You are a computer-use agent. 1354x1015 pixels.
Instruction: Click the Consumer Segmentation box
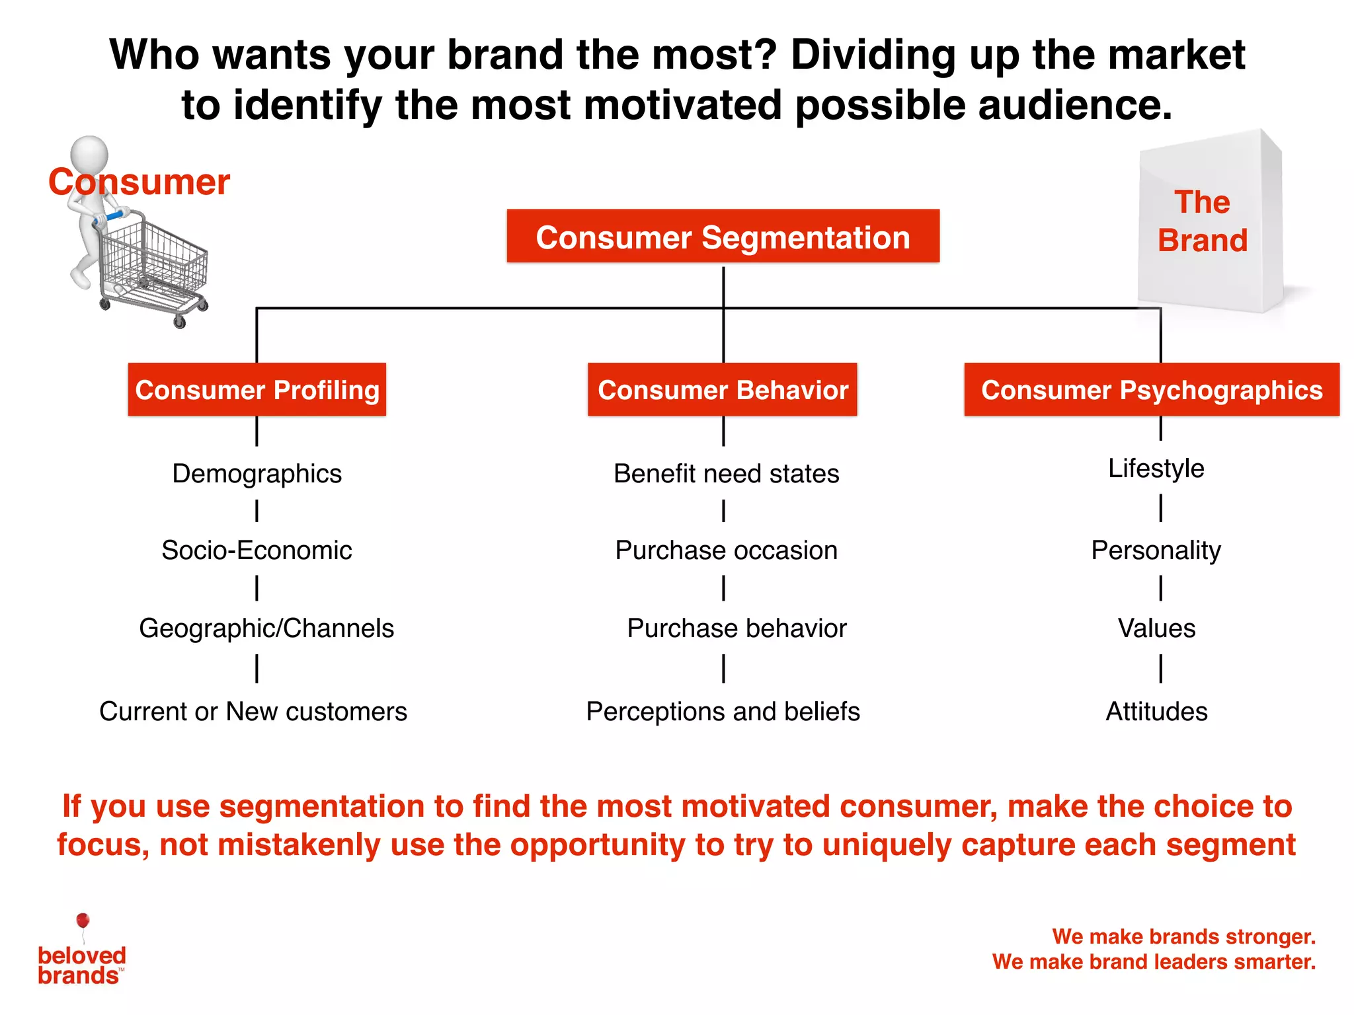[x=723, y=237]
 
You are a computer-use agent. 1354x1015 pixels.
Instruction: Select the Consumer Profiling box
[x=257, y=390]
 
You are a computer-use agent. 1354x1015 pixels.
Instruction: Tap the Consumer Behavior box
[x=723, y=390]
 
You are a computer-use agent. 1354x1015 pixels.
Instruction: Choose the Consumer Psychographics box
[x=1152, y=390]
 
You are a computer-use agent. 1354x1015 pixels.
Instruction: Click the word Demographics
[x=257, y=474]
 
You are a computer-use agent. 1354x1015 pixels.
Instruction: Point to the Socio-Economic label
[x=257, y=550]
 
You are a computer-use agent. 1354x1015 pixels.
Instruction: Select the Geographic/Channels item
[x=266, y=628]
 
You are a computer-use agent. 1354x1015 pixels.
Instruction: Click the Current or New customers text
[x=253, y=712]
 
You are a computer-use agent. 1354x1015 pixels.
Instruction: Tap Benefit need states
[x=726, y=474]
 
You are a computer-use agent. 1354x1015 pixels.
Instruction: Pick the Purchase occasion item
[x=726, y=550]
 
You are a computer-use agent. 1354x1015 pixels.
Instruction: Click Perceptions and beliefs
[x=723, y=712]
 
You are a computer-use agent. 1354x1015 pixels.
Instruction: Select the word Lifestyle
[x=1156, y=469]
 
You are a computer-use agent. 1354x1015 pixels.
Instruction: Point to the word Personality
[x=1156, y=550]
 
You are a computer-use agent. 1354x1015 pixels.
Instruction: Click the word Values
[x=1156, y=628]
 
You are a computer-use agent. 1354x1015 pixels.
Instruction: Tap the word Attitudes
[x=1156, y=712]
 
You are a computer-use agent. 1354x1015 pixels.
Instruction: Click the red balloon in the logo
[x=83, y=920]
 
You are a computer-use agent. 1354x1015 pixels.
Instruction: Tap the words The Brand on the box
[x=1202, y=221]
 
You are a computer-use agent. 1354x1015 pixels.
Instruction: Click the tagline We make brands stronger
[x=1183, y=936]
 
